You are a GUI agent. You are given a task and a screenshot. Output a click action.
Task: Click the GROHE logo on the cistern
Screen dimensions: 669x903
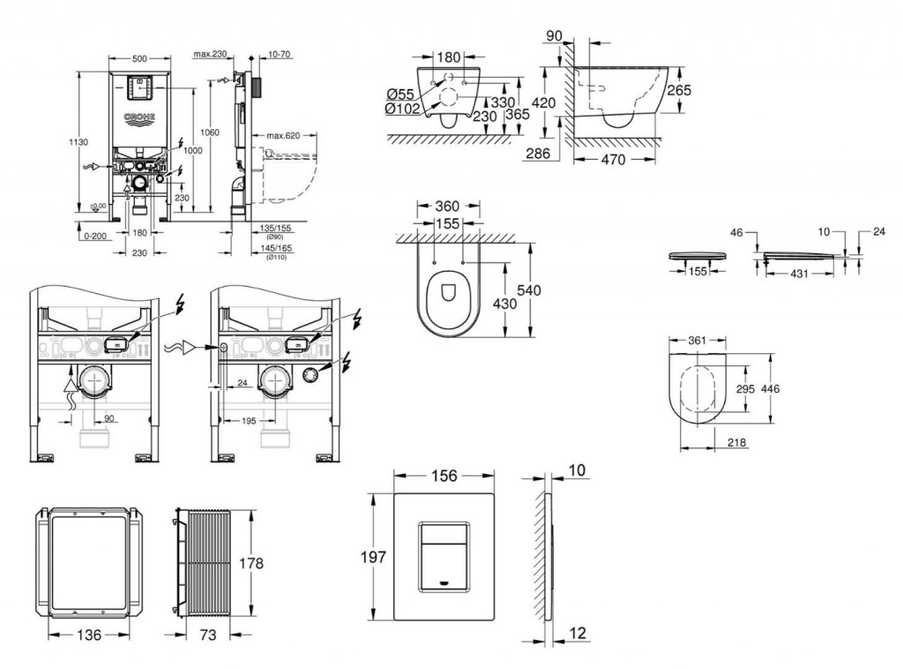coord(139,117)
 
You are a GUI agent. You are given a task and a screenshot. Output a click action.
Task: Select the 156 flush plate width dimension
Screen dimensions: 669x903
coord(443,477)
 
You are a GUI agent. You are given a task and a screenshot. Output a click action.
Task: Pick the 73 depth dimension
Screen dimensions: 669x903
coord(209,634)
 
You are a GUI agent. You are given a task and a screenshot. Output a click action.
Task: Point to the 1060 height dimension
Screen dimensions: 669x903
coord(208,132)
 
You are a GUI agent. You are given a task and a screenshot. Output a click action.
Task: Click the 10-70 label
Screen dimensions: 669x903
coord(280,55)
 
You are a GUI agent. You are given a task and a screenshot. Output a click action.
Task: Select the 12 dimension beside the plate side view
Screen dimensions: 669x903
coord(578,633)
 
